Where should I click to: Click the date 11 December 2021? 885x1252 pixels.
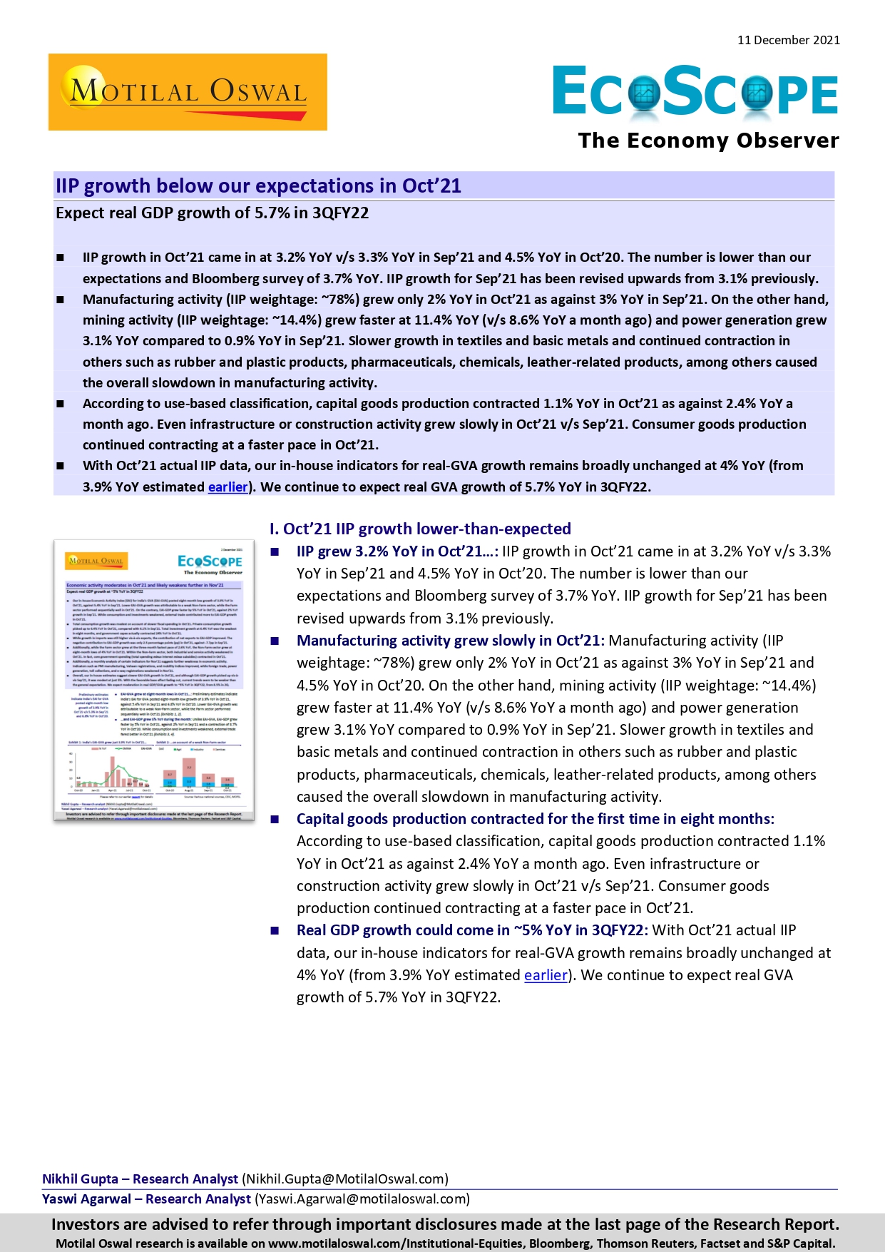pos(788,40)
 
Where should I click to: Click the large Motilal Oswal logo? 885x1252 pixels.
pos(188,92)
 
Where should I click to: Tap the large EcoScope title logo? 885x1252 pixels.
pos(695,91)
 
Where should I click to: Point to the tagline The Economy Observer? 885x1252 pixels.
pos(708,141)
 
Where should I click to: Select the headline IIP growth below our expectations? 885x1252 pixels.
pos(258,186)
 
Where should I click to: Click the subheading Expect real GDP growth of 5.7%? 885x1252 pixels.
pos(212,213)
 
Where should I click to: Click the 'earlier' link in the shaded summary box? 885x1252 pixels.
pos(227,487)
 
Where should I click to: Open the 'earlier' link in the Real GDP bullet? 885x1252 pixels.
pos(546,975)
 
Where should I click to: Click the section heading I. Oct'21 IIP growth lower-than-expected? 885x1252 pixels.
pos(420,529)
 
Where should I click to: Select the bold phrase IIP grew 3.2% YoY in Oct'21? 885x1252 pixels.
pos(397,551)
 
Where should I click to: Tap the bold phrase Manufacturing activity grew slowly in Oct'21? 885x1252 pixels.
pos(450,641)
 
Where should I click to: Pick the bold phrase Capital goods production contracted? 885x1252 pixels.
pos(535,819)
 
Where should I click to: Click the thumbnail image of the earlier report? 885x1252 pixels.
pos(154,679)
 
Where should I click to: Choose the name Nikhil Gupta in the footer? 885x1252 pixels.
pos(80,1179)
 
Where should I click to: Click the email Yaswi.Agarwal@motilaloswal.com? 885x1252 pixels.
pos(362,1199)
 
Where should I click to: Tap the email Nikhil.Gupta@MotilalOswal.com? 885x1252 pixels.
pos(345,1179)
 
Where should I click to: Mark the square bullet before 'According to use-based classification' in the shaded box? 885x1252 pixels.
pos(61,404)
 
